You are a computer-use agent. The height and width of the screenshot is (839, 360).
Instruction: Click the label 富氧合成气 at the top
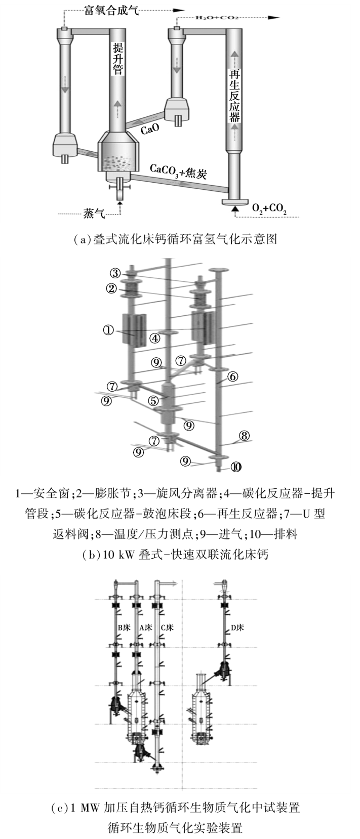coord(111,10)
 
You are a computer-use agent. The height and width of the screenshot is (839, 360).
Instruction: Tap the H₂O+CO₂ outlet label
coord(217,17)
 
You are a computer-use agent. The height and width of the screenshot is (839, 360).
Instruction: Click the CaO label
coord(150,129)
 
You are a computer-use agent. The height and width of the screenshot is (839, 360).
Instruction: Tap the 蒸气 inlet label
coord(94,214)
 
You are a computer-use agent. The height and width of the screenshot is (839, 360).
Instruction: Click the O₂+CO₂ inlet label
coord(269,208)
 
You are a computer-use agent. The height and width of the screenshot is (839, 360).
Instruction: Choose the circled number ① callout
coord(108,330)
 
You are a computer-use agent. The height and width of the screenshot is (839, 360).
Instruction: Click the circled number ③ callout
coord(116,273)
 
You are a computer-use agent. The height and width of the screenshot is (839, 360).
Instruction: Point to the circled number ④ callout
coord(155,339)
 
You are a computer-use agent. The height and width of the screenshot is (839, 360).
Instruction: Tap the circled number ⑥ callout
coord(232,376)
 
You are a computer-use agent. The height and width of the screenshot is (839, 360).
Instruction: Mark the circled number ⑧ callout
coord(244,436)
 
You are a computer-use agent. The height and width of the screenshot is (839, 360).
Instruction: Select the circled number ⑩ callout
coord(236,467)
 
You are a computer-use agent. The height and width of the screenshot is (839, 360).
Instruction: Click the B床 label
coord(124,627)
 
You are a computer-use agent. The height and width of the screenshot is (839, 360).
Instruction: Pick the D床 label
coord(237,627)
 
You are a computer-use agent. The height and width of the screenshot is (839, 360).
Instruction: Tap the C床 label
coord(167,627)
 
